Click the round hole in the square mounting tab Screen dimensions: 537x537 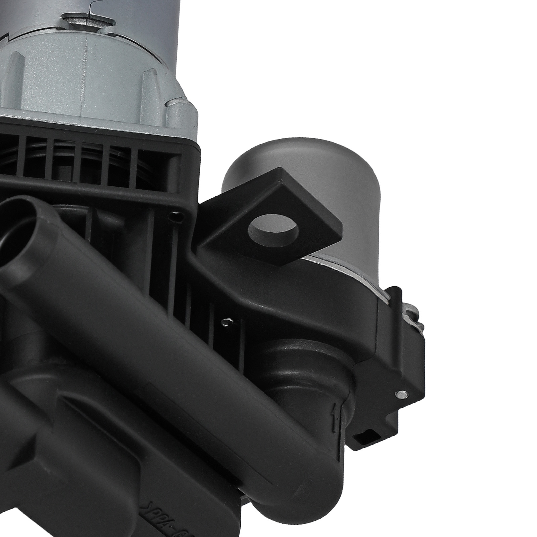274,230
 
